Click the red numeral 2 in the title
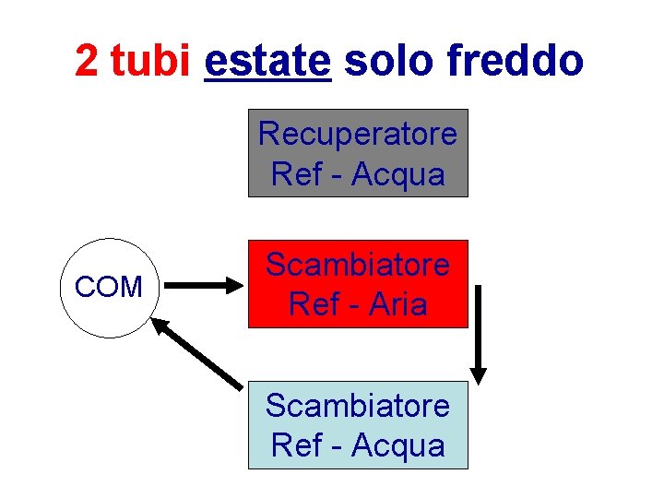click(x=86, y=62)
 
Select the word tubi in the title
click(x=149, y=62)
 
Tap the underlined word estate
click(x=267, y=62)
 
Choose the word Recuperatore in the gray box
click(x=358, y=134)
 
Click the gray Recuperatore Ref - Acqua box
click(x=358, y=153)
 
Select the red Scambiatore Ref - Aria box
click(x=358, y=284)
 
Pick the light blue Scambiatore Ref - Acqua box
click(x=358, y=425)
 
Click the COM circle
click(x=109, y=288)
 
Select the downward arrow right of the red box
click(x=478, y=332)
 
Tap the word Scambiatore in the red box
click(x=358, y=265)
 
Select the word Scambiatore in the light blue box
click(x=358, y=405)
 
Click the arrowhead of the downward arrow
click(x=478, y=374)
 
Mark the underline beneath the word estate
click(x=267, y=81)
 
